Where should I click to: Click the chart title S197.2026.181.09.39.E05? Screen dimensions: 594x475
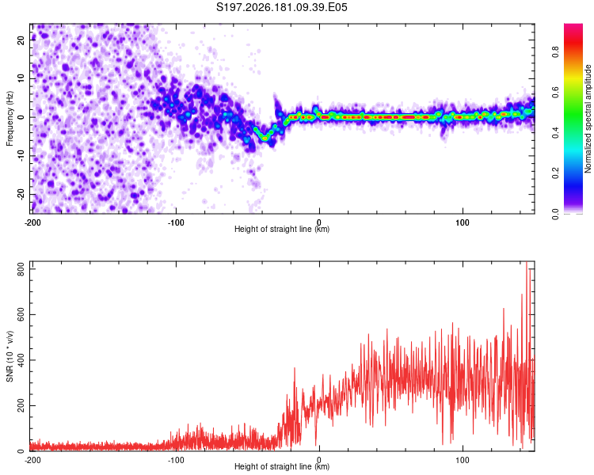(x=281, y=7)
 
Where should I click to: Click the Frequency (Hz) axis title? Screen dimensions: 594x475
(x=10, y=119)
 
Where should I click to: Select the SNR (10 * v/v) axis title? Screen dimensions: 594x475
(x=10, y=356)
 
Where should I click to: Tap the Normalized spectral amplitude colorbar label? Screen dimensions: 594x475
(x=588, y=119)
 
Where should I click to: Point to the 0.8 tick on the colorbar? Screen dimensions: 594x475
(x=555, y=51)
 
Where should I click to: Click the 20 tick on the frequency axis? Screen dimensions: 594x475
(x=21, y=40)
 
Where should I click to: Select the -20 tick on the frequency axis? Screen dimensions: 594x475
(x=21, y=195)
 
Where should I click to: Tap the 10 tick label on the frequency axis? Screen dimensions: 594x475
(x=21, y=78)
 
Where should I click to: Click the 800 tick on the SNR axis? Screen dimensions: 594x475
(x=21, y=269)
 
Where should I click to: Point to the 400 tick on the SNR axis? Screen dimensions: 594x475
(x=21, y=360)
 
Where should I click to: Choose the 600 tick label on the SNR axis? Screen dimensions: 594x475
(x=21, y=314)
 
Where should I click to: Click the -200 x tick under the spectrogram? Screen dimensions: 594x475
(x=32, y=222)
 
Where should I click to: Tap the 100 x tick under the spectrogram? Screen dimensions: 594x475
(x=463, y=222)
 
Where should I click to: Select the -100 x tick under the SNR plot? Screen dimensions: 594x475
(x=176, y=460)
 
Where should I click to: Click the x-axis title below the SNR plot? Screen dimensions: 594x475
(x=282, y=466)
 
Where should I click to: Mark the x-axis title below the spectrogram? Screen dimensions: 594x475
(x=282, y=229)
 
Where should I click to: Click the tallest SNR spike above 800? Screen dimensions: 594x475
(x=527, y=263)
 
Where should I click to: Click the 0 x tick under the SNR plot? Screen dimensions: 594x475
(x=319, y=460)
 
